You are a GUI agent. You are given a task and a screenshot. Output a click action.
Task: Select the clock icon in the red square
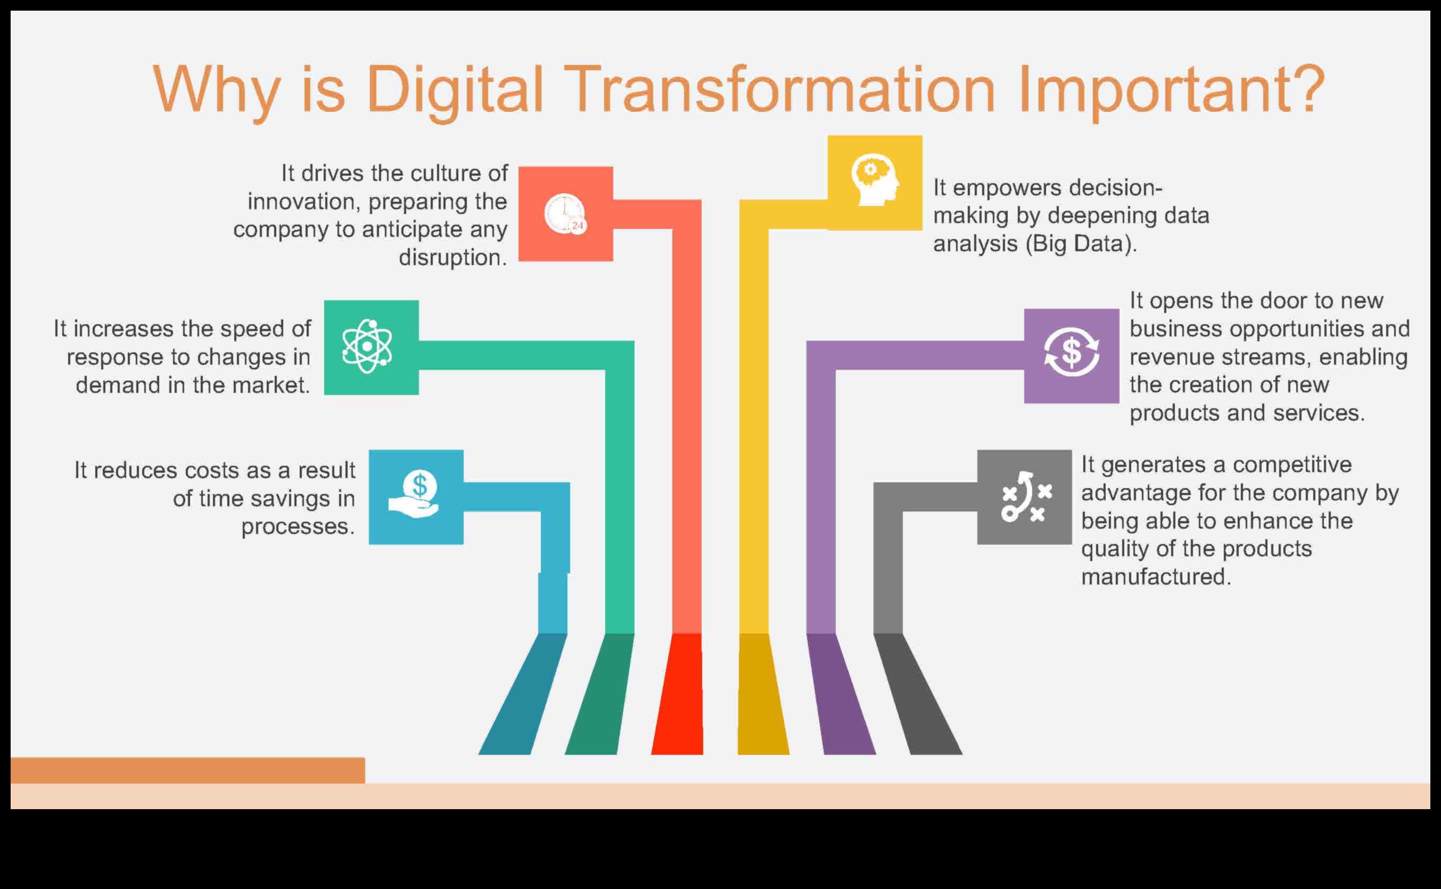click(x=565, y=214)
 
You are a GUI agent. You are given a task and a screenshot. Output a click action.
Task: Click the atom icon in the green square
click(x=367, y=347)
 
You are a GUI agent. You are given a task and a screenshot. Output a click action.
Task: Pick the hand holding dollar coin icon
click(x=415, y=495)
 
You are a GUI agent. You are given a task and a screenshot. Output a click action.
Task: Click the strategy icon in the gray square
click(x=1025, y=497)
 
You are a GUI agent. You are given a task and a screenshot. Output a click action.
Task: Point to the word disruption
click(x=452, y=258)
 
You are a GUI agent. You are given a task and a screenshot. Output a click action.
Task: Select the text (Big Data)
click(x=1081, y=243)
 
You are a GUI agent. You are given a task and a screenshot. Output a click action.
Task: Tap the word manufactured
click(x=1155, y=577)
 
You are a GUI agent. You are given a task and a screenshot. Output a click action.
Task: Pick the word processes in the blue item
click(x=298, y=526)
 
